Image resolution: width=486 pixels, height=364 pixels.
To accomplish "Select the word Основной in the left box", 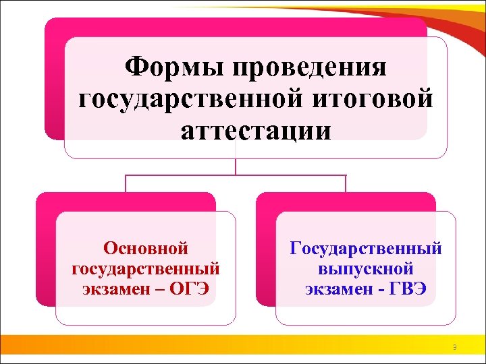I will click(145, 249).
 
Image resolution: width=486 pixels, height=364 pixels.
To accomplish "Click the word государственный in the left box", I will click(145, 269).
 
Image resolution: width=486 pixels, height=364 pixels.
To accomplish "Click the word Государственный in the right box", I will click(366, 249).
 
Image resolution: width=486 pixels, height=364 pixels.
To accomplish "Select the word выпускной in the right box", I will click(366, 269).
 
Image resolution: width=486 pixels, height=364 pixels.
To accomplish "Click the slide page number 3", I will click(454, 348).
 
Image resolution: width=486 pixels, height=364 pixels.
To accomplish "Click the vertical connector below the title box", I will click(235, 166).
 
